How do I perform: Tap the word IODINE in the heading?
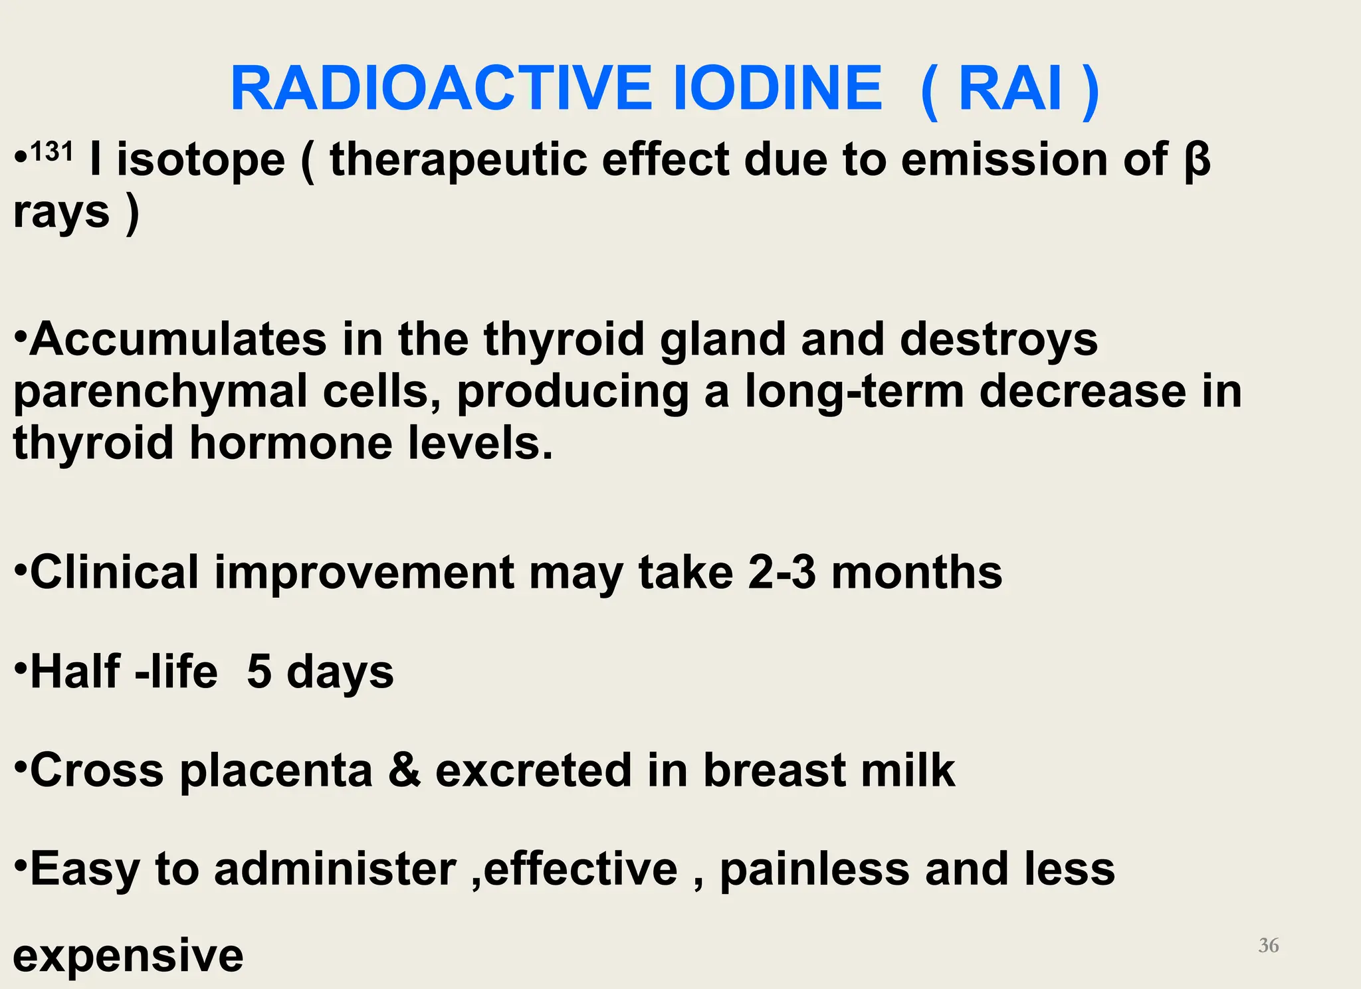[x=778, y=89]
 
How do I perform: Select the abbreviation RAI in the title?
[x=1010, y=89]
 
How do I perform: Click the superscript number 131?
[x=51, y=152]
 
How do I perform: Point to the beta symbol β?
[x=1198, y=161]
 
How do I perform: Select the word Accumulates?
[x=178, y=339]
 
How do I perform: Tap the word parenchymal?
[x=160, y=391]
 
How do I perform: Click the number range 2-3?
[x=782, y=573]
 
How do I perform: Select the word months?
[x=916, y=573]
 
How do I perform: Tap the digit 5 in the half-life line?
[x=259, y=672]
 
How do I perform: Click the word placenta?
[x=276, y=770]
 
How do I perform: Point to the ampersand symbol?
[x=405, y=770]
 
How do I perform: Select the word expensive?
[x=128, y=956]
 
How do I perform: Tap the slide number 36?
[x=1268, y=945]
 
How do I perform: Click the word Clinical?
[x=114, y=573]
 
